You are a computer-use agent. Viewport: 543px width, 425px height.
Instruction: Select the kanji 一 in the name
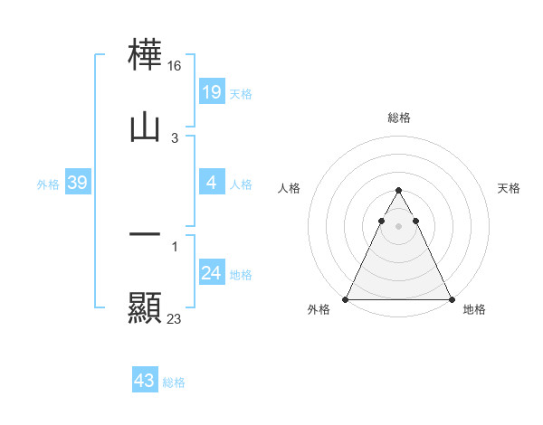coord(145,235)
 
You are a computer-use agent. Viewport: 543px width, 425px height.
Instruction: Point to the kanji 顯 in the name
coord(145,307)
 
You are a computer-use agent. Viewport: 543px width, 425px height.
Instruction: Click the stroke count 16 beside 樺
coord(176,66)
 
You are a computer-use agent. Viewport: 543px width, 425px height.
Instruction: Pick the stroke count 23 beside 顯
coord(175,318)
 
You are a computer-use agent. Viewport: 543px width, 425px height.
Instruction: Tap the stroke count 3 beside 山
coord(174,137)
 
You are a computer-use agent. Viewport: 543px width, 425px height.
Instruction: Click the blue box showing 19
coord(211,91)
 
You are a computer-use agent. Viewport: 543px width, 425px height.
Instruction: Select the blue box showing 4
coord(211,183)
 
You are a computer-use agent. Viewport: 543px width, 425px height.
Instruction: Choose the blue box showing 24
coord(211,273)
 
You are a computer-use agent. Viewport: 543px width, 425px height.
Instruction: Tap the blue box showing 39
coord(77,183)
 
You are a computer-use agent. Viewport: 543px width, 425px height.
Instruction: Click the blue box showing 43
coord(144,381)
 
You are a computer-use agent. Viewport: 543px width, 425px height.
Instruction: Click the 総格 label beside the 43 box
coord(174,382)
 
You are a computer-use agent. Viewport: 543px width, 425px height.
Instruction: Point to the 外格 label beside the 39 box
coord(48,184)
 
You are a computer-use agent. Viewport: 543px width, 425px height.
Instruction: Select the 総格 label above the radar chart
coord(398,118)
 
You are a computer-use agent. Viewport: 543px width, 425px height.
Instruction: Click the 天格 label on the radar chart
coord(509,188)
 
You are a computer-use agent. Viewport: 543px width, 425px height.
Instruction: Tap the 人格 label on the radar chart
coord(289,188)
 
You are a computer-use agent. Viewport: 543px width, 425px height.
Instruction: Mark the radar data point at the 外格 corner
coord(346,299)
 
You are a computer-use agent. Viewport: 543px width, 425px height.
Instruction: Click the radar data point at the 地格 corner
coord(451,299)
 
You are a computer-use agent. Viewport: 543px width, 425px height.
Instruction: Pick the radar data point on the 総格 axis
coord(398,190)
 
